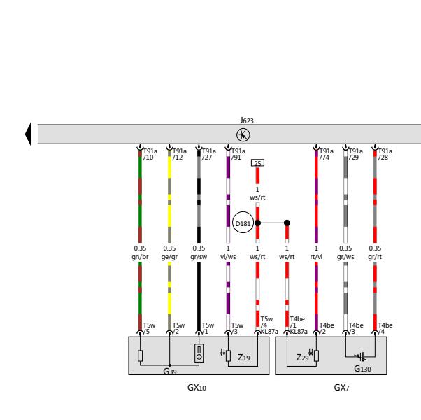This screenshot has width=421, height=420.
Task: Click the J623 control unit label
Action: click(246, 120)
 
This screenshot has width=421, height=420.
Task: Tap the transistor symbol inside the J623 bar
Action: click(243, 134)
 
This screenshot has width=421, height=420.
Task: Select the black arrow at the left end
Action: click(28, 134)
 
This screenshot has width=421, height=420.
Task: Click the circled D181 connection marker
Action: click(243, 223)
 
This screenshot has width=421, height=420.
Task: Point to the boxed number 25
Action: click(257, 163)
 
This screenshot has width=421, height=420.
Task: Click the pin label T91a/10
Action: click(150, 154)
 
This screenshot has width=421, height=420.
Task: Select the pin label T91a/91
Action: click(238, 154)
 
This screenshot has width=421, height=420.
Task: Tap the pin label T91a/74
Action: click(326, 154)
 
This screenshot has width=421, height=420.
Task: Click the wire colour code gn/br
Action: click(140, 257)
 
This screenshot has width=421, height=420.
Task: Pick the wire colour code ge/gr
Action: click(169, 257)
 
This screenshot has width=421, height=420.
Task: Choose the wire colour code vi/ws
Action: click(228, 257)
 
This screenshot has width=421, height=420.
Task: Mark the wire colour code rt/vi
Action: click(316, 257)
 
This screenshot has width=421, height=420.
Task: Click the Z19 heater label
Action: click(244, 358)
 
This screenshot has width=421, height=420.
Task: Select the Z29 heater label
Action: click(302, 358)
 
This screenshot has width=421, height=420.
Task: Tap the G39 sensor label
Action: click(170, 372)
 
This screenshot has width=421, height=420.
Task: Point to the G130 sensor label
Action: click(362, 369)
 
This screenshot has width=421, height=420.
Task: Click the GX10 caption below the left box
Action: click(197, 388)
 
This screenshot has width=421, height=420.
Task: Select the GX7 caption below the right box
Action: click(341, 388)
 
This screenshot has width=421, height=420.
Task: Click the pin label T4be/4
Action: click(385, 328)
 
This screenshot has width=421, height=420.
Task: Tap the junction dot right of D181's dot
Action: click(287, 223)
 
